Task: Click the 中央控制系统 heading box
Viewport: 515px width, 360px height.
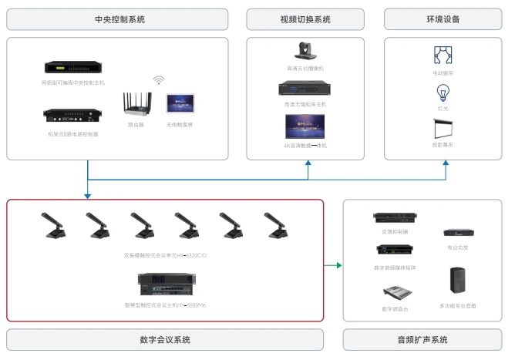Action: click(117, 19)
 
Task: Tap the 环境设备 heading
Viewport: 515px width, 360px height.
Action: click(443, 19)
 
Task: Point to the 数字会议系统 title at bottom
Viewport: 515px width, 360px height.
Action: click(164, 339)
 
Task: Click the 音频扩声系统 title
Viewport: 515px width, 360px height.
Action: click(422, 339)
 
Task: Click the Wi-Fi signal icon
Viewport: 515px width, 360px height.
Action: click(160, 80)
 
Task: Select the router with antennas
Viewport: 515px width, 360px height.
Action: click(136, 105)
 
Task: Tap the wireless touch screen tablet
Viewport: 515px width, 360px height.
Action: click(180, 104)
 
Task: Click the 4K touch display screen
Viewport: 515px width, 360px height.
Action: click(305, 126)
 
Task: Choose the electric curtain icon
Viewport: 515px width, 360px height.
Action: click(443, 56)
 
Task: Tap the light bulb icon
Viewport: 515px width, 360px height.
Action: click(443, 93)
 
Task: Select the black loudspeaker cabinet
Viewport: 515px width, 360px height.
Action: click(458, 281)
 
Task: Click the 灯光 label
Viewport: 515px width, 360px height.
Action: click(443, 109)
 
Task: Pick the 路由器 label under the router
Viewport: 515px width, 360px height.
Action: click(136, 125)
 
